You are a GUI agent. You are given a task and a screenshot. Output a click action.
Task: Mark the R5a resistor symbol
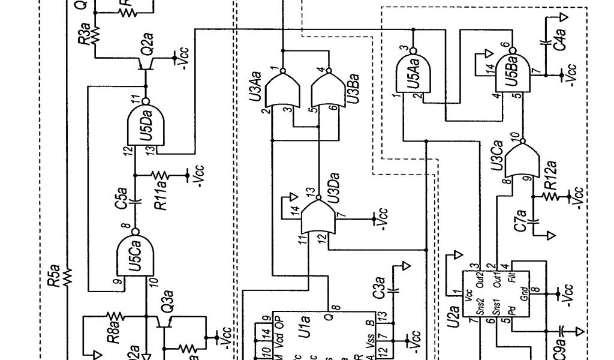click(x=67, y=277)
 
